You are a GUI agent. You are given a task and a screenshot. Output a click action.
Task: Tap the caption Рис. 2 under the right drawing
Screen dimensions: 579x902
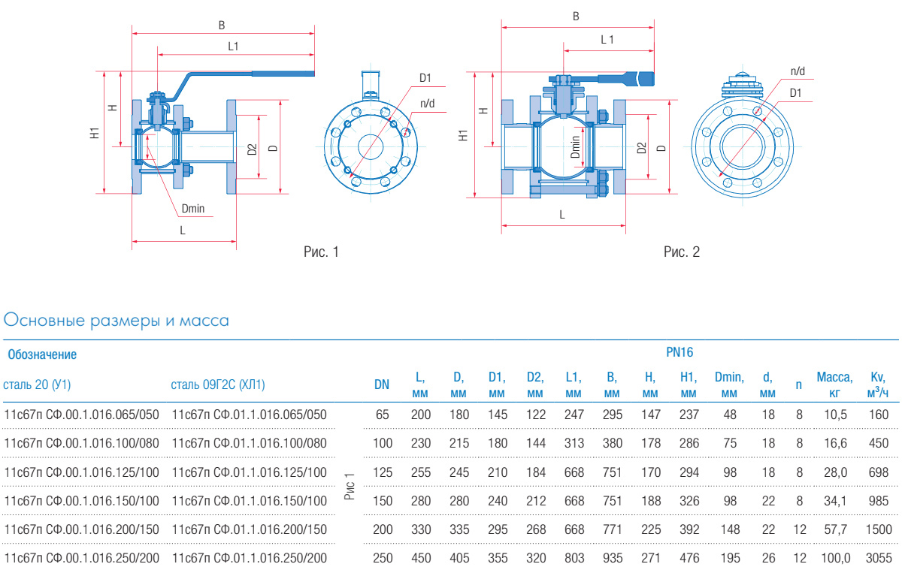click(x=681, y=252)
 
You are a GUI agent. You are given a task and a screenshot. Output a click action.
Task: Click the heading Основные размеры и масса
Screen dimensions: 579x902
click(x=117, y=321)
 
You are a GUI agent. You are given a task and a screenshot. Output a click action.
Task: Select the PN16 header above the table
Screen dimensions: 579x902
click(x=679, y=351)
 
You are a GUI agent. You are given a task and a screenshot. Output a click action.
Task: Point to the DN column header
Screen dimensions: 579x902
click(x=382, y=384)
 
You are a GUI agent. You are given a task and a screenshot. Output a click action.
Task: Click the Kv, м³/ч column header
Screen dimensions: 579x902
click(x=877, y=384)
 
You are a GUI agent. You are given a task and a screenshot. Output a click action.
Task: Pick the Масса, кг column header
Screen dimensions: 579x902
click(x=834, y=384)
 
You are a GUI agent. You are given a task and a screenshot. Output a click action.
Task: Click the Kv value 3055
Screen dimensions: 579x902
click(x=877, y=558)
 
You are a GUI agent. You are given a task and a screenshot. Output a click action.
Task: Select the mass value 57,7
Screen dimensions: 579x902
click(x=835, y=529)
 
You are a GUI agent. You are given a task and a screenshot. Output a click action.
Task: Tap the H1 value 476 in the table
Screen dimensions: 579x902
click(x=689, y=558)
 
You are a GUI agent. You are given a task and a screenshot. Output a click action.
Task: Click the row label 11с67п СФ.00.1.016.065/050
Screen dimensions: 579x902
click(x=82, y=414)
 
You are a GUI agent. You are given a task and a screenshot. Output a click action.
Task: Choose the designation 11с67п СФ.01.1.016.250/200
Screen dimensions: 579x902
click(x=250, y=558)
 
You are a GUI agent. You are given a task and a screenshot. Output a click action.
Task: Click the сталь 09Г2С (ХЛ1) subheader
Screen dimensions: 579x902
click(x=218, y=384)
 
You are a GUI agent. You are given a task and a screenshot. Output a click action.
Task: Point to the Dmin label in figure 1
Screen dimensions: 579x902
click(x=193, y=208)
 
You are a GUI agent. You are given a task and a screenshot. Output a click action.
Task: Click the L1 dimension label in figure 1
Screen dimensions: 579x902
click(x=233, y=46)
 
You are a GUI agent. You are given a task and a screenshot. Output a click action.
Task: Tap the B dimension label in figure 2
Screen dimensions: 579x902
click(x=576, y=16)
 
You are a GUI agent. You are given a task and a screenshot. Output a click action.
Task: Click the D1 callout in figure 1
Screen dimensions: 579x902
click(x=425, y=78)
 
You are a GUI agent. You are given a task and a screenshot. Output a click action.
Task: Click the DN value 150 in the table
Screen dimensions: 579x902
click(x=383, y=500)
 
